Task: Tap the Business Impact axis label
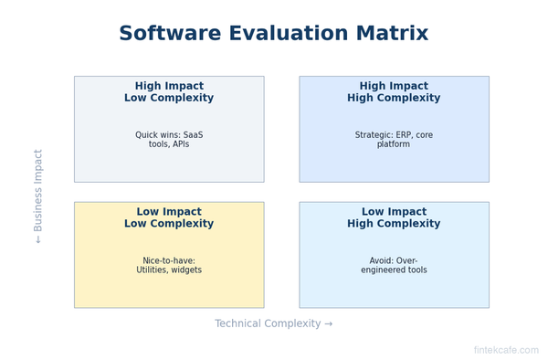point(38,196)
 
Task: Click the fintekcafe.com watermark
point(505,350)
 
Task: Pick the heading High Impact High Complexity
point(394,92)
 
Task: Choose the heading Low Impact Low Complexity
point(169,217)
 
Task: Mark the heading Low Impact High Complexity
point(394,217)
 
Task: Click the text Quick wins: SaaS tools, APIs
point(169,140)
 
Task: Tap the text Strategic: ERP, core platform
point(394,140)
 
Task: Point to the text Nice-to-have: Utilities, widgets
point(169,265)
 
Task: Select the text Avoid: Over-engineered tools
point(394,265)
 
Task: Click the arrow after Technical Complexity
point(328,323)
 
